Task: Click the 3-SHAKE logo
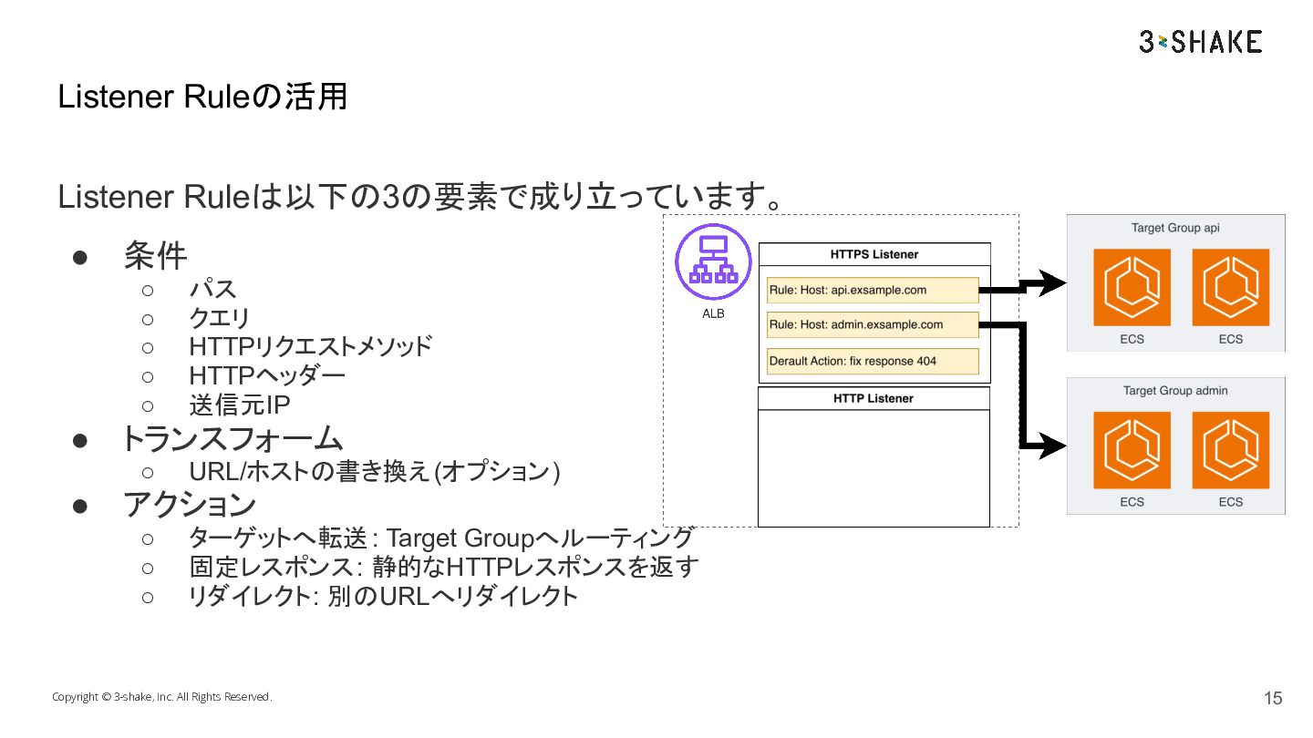click(x=1200, y=42)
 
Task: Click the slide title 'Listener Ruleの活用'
click(x=202, y=97)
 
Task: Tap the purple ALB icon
click(x=713, y=261)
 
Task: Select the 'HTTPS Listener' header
click(x=874, y=254)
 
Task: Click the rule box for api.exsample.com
click(x=873, y=290)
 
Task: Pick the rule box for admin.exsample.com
click(x=873, y=324)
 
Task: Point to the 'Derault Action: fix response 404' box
click(x=873, y=361)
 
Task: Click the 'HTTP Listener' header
click(x=874, y=398)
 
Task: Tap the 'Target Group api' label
click(x=1175, y=228)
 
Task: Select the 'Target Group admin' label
click(x=1175, y=391)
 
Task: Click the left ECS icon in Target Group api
click(x=1132, y=287)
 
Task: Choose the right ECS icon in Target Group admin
click(x=1230, y=450)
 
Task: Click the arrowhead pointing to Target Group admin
click(x=1052, y=446)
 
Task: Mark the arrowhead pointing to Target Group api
click(x=1052, y=283)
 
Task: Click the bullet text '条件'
click(x=156, y=256)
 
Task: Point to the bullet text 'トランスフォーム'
click(x=233, y=439)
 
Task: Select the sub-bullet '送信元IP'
click(x=240, y=405)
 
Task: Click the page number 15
click(x=1273, y=698)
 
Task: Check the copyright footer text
click(x=161, y=697)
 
